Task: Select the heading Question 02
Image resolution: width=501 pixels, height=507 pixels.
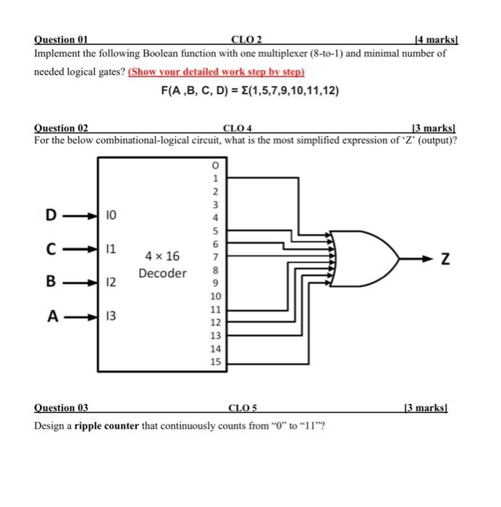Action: [61, 127]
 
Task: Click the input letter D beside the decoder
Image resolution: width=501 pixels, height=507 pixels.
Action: [51, 214]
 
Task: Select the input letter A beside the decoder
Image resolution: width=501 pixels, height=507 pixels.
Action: [51, 315]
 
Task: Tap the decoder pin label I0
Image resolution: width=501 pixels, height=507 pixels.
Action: [111, 214]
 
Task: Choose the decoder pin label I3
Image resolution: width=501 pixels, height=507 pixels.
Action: [111, 315]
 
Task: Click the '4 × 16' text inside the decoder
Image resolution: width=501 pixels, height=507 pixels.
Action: [163, 256]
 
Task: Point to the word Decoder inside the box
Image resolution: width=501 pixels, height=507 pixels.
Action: [163, 273]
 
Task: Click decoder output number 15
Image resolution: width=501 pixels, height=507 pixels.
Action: [215, 361]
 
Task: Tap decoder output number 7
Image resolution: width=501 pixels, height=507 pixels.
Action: [215, 257]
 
